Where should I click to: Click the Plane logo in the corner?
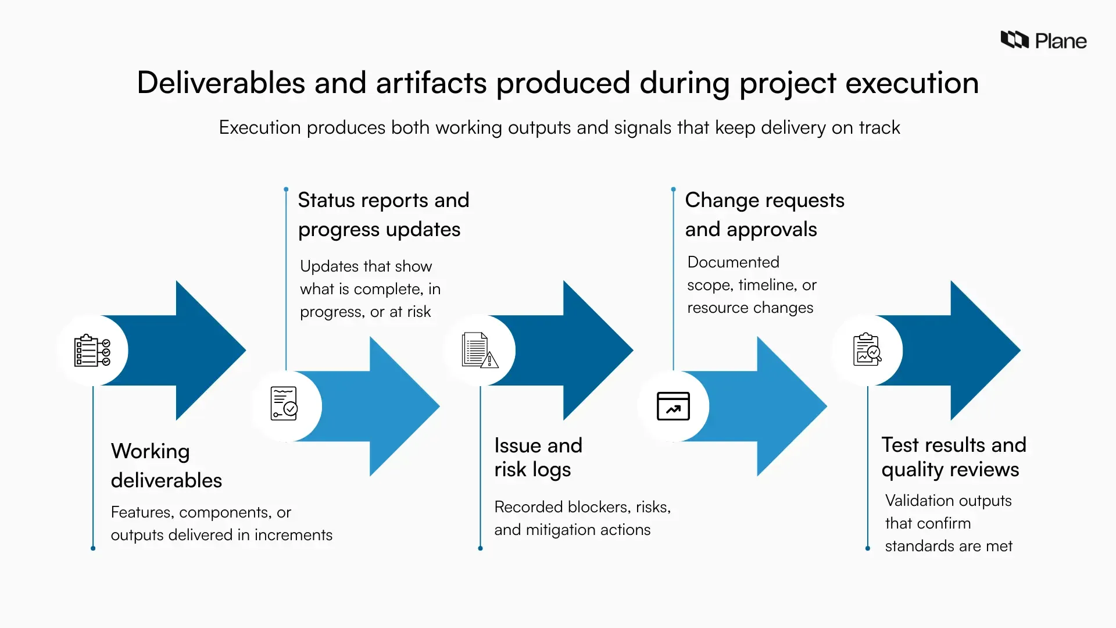tap(1043, 40)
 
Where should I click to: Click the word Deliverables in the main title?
tap(220, 83)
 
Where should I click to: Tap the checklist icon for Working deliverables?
tap(92, 351)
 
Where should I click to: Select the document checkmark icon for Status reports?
tap(284, 404)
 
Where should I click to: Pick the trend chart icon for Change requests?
tap(673, 406)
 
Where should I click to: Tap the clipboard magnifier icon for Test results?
tap(867, 349)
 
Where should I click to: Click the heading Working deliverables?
tap(166, 465)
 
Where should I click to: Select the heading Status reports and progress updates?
tap(383, 215)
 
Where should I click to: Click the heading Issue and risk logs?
tap(538, 457)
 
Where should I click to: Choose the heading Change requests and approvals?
tap(764, 215)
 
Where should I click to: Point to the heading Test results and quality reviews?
tap(953, 457)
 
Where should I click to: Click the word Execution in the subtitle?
tap(260, 127)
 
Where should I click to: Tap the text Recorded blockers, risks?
tap(582, 507)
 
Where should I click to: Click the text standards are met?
tap(948, 546)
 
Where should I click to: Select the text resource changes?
tap(750, 308)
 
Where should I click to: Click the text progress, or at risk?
tap(365, 312)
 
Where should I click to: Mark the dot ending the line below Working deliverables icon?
tap(93, 548)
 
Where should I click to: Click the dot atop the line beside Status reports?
tap(286, 190)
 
